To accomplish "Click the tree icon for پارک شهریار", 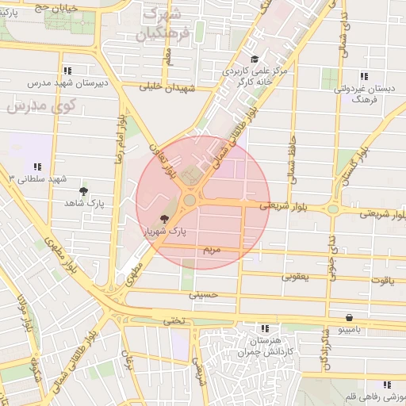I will (164, 218).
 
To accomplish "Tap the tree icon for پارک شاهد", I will (83, 191).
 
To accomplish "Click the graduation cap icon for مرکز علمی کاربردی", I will (255, 59).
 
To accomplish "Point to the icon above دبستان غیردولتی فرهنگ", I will (363, 77).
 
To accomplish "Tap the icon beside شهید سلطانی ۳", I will (37, 167).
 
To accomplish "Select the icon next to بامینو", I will (370, 327).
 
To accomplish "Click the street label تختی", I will (173, 320).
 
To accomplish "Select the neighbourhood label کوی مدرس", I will (40, 105).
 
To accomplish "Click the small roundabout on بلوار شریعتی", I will (333, 209).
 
